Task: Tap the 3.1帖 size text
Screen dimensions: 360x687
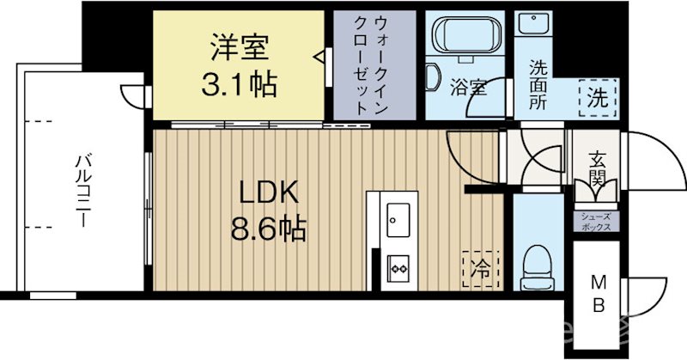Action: pyautogui.click(x=240, y=84)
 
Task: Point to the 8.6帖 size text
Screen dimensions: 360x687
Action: pyautogui.click(x=268, y=229)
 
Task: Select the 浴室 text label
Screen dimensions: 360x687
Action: pyautogui.click(x=469, y=87)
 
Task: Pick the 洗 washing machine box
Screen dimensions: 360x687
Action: pyautogui.click(x=597, y=96)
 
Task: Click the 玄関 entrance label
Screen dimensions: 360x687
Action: pyautogui.click(x=594, y=169)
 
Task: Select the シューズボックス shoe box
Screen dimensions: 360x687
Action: pyautogui.click(x=596, y=222)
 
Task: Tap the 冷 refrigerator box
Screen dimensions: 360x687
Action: pyautogui.click(x=480, y=266)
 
